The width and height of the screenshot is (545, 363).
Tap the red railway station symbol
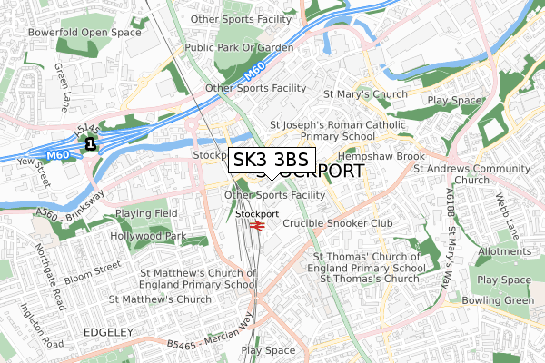tap(256, 224)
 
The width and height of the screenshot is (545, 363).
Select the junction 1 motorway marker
tap(90, 143)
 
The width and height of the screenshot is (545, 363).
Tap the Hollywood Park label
tap(147, 236)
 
